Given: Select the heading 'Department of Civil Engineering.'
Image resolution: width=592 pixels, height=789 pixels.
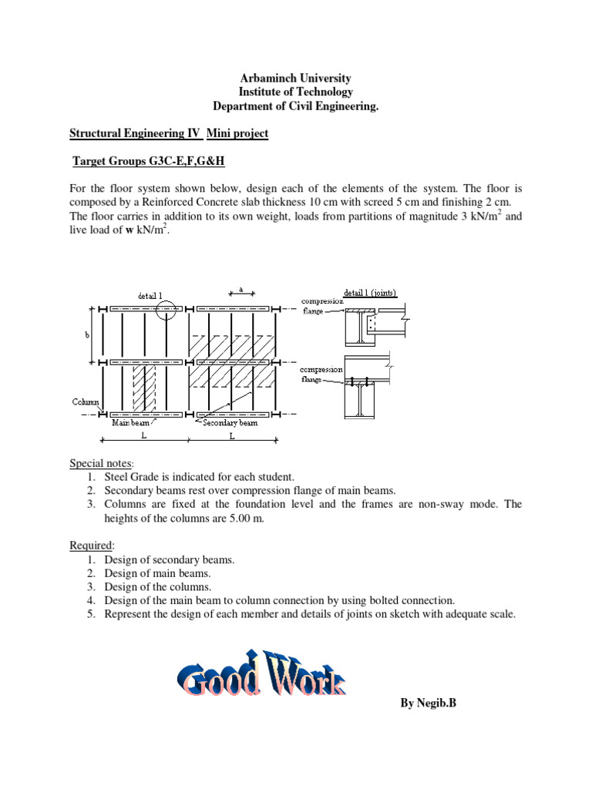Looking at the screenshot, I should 296,106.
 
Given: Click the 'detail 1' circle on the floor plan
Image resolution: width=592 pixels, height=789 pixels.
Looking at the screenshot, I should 165,310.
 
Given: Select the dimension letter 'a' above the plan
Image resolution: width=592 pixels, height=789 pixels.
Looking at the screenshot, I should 241,290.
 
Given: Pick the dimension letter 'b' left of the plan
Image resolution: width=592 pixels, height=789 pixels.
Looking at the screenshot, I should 86,335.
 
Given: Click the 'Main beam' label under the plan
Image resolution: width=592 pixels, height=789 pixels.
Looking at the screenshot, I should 131,422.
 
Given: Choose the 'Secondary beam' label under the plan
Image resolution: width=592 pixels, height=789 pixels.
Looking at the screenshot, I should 230,422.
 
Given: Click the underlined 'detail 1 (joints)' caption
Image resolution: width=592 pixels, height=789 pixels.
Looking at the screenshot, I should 367,293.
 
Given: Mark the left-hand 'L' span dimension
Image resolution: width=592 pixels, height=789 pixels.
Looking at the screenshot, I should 143,435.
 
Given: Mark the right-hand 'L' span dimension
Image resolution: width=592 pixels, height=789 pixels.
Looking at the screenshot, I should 231,435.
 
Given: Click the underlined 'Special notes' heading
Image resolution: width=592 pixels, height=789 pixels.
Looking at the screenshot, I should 101,463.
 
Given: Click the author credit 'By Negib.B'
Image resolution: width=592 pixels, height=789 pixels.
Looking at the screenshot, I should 429,703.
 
